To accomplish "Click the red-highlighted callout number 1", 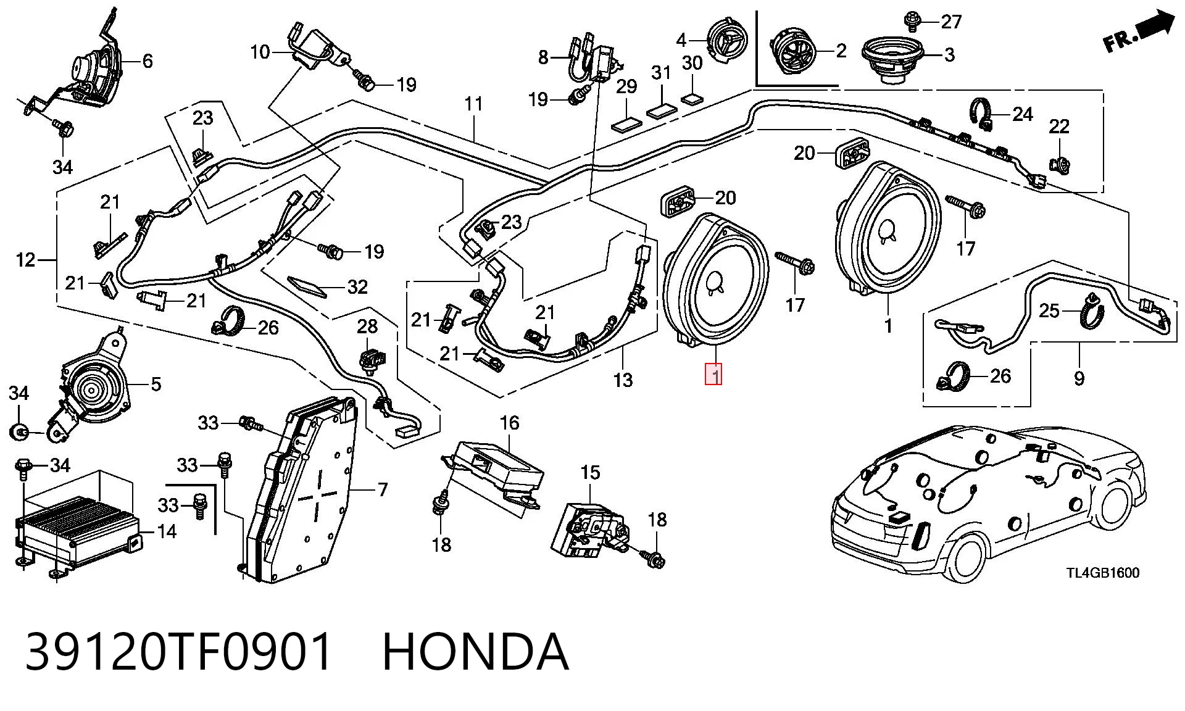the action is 714,375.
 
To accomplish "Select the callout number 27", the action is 951,22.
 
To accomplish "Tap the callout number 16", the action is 509,423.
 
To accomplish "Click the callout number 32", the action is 357,286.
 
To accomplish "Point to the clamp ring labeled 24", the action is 982,113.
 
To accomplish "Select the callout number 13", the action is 623,380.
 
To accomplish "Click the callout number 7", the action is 383,490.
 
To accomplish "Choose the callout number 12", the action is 26,260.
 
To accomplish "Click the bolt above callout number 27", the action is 911,20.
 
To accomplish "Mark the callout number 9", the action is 1079,377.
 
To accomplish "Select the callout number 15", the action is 590,473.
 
